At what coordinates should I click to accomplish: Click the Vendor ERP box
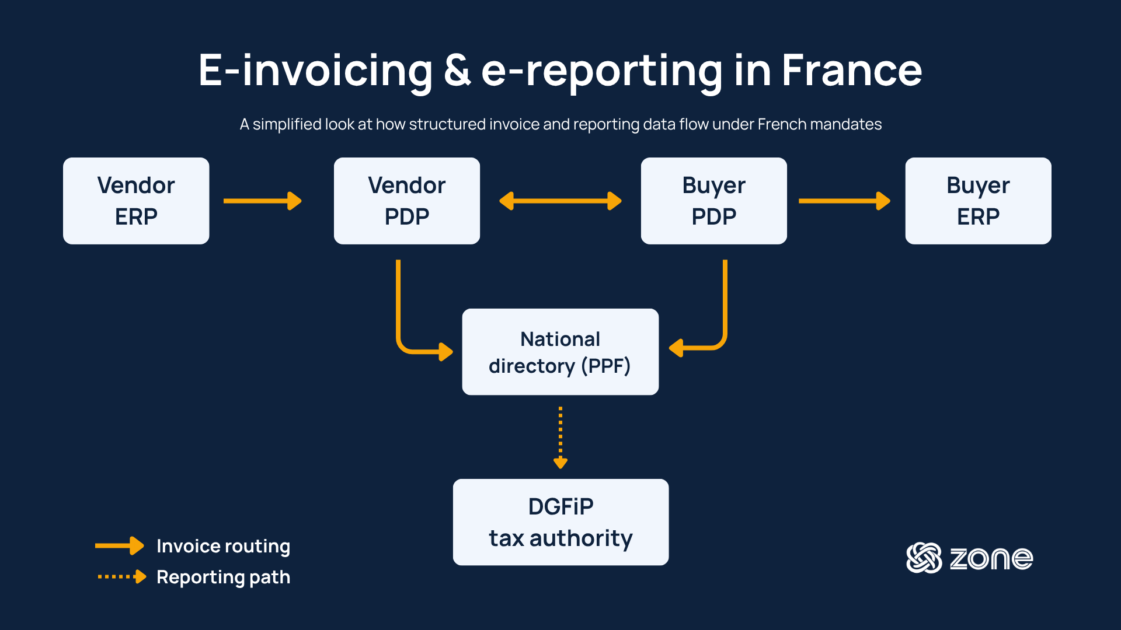tap(136, 201)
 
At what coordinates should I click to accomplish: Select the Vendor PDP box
tap(407, 201)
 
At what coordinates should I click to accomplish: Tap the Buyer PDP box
tap(714, 201)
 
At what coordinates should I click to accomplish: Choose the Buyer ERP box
tap(979, 201)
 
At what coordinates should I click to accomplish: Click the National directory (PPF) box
tap(560, 352)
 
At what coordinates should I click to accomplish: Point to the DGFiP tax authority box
tap(560, 522)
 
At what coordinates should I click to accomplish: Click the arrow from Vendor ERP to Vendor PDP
tap(263, 201)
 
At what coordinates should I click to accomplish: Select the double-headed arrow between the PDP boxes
tap(560, 201)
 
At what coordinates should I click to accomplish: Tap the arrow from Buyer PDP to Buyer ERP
tap(844, 201)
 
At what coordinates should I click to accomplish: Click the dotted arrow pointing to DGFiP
tap(560, 437)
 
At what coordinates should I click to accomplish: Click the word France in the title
tap(852, 71)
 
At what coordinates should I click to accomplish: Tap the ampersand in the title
tap(457, 71)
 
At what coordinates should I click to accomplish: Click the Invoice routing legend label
tap(223, 547)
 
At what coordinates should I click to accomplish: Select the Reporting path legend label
tap(223, 577)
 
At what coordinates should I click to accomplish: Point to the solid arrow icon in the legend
tap(120, 546)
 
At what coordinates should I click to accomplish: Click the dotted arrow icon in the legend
tap(122, 577)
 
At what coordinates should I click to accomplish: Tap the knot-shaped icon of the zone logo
tap(924, 558)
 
